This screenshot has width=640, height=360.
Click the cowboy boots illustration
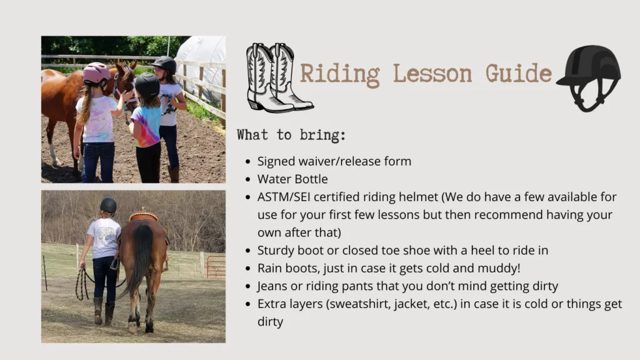click(279, 77)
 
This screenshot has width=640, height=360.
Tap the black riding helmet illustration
click(589, 78)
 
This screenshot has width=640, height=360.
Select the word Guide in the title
click(519, 73)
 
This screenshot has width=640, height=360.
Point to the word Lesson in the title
click(432, 74)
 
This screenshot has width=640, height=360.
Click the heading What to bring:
click(291, 135)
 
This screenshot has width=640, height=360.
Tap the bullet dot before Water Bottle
click(247, 179)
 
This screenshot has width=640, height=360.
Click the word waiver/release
click(334, 161)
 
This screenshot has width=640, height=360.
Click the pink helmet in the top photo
click(97, 72)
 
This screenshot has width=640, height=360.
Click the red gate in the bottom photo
click(216, 267)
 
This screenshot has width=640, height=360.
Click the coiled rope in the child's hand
click(82, 284)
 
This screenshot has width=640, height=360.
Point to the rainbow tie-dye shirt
click(146, 125)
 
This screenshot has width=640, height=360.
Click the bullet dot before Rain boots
click(247, 269)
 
